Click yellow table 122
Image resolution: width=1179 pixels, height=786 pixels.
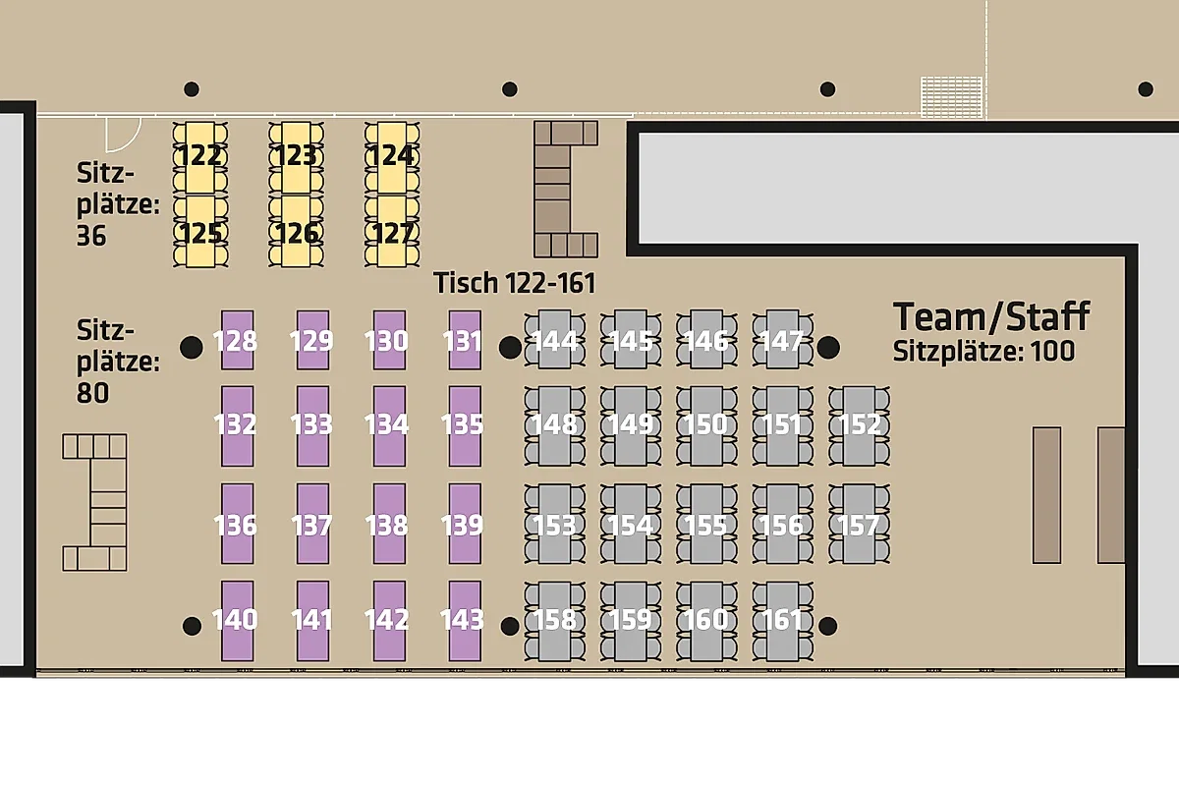[x=200, y=157]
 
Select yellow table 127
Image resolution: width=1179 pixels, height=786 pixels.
[x=392, y=231]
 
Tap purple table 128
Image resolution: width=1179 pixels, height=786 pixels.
[x=238, y=340]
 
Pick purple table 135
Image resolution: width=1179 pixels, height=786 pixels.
[x=465, y=426]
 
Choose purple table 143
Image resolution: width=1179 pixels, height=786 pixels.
[x=465, y=621]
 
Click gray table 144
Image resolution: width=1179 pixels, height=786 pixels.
[x=555, y=340]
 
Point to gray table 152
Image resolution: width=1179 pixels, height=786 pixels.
[x=859, y=426]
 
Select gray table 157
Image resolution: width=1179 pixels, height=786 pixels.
[x=859, y=525]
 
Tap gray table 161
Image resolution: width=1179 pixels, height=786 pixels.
[x=783, y=621]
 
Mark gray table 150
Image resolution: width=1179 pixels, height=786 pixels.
[x=706, y=426]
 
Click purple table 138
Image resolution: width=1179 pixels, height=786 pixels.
[x=389, y=525]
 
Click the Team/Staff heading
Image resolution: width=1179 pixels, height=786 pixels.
[x=991, y=317]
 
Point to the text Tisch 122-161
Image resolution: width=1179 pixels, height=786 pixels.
[x=514, y=283]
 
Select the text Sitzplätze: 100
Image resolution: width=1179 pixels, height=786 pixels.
[x=983, y=352]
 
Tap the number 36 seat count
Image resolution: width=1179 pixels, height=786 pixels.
[x=91, y=236]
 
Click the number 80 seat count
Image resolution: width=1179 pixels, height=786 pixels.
[x=92, y=393]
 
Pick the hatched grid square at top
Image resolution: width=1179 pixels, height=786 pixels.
[x=952, y=98]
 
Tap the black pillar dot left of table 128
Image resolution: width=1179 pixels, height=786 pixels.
[x=192, y=348]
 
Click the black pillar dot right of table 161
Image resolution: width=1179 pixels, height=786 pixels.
[x=828, y=626]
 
